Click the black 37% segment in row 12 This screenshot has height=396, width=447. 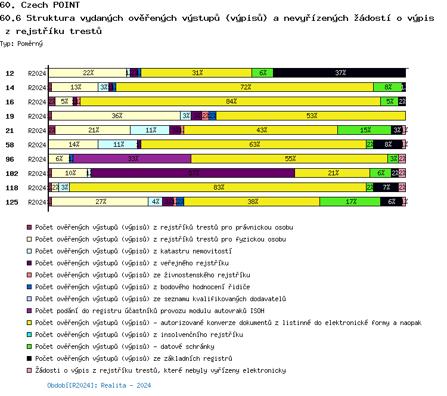click(x=339, y=73)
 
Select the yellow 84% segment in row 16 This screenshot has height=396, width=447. click(x=230, y=101)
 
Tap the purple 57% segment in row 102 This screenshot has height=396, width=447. click(x=193, y=173)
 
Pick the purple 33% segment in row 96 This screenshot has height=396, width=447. click(x=132, y=159)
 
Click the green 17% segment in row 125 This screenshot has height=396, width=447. click(x=350, y=202)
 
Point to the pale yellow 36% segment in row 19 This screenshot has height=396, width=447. click(x=116, y=116)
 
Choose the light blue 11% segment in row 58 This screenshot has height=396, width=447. click(x=117, y=144)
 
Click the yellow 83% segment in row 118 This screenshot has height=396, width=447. click(x=218, y=187)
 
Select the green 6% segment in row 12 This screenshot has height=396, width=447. click(x=262, y=73)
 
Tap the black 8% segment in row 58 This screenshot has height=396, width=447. click(x=387, y=144)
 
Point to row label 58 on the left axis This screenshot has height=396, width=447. click(x=10, y=145)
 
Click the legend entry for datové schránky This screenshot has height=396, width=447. click(x=125, y=346)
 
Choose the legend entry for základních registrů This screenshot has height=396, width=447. click(x=134, y=358)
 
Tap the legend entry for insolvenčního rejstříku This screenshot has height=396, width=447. click(x=139, y=335)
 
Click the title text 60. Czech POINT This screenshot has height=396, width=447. click(x=40, y=5)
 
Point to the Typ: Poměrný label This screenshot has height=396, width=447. click(x=21, y=44)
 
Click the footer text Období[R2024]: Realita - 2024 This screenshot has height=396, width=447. click(x=99, y=386)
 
